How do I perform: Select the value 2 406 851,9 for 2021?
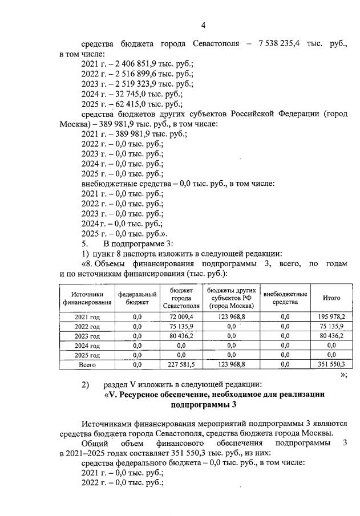[123, 64]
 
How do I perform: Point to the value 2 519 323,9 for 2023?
[123, 84]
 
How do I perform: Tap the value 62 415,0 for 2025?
[120, 104]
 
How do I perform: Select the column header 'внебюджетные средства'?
[285, 298]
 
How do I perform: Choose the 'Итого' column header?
[331, 298]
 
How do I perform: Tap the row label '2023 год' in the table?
[87, 336]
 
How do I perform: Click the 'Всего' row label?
[87, 364]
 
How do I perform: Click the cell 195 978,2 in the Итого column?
[331, 316]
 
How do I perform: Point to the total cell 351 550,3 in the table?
[331, 364]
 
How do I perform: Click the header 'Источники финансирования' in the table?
[87, 298]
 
